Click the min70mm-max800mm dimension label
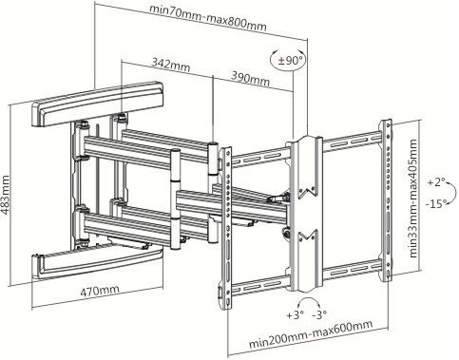coord(207,18)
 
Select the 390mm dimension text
coord(250,79)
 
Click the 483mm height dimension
coord(6,195)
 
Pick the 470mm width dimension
coord(100,291)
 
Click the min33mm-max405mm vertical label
coord(413,199)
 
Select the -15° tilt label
coord(436,203)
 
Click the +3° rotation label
coord(295,315)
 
